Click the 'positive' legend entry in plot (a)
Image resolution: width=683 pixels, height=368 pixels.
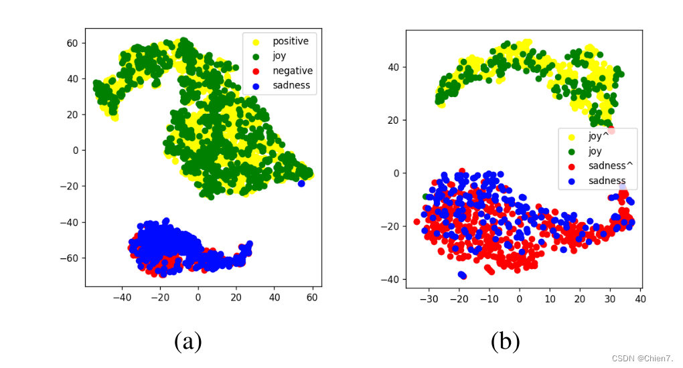(x=290, y=41)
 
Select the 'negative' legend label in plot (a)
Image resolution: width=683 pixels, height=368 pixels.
(x=292, y=71)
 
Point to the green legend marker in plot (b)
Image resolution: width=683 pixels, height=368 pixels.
(x=573, y=151)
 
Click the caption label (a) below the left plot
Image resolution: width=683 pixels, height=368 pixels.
(x=188, y=342)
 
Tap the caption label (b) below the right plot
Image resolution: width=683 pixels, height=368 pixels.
(x=505, y=342)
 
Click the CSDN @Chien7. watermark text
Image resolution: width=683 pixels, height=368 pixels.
(x=646, y=359)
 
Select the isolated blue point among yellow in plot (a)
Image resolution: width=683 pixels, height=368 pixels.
(x=301, y=183)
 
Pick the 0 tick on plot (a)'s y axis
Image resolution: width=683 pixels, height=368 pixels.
(x=76, y=150)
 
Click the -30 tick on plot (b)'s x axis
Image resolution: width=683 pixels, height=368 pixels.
(x=429, y=297)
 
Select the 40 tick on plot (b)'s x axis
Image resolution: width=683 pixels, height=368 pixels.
(x=639, y=297)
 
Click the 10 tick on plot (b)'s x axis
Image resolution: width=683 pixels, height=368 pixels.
(x=549, y=297)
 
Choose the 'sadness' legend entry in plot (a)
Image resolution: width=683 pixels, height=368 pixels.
(x=291, y=86)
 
